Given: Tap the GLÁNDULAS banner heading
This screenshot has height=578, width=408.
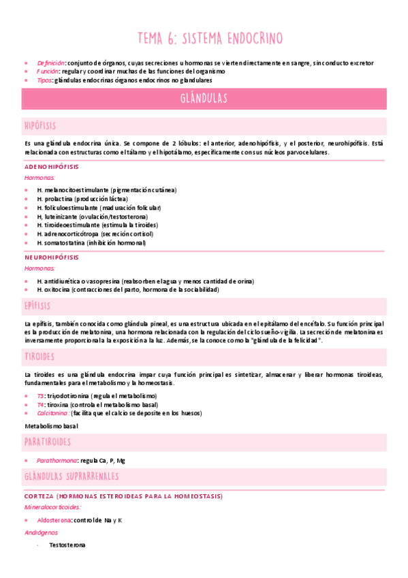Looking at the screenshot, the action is pos(204,99).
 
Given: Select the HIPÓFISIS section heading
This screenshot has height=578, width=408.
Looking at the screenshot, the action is pos(40,126).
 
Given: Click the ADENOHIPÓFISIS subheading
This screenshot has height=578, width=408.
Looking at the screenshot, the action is pos(51,166).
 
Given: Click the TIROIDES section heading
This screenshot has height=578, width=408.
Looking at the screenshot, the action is pos(40,356).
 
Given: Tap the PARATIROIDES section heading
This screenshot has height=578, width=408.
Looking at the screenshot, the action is pos(47,442).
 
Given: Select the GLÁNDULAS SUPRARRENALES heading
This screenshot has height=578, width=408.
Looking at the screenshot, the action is pos(72,476).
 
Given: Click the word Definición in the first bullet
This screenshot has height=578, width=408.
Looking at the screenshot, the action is pos(52,63).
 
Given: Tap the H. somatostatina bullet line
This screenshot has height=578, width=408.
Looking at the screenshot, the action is pos(91,243).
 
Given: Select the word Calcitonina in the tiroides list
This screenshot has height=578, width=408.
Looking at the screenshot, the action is pos(52,412).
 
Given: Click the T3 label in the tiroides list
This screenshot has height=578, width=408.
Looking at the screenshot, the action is pos(41,395).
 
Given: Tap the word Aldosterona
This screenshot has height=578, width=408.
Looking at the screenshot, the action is pos(54,520).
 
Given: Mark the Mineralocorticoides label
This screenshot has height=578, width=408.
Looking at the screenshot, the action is pos(52,507).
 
